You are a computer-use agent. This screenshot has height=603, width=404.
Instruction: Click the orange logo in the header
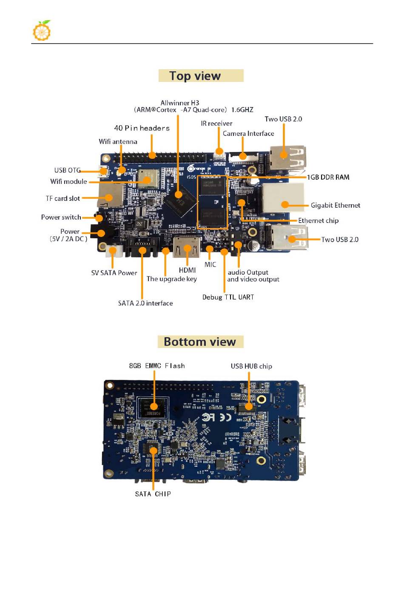[x=42, y=31]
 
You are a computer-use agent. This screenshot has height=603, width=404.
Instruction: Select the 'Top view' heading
[x=195, y=76]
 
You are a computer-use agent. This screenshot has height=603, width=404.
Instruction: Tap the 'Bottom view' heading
[x=200, y=342]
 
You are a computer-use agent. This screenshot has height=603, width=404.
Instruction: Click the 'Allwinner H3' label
[x=179, y=103]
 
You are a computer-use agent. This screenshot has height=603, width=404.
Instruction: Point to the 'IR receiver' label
[x=216, y=124]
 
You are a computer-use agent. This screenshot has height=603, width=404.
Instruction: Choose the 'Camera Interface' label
[x=248, y=133]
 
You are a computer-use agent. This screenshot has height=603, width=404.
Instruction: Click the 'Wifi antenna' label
[x=118, y=142]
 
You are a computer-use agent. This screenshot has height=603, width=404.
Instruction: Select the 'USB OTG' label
[x=67, y=170]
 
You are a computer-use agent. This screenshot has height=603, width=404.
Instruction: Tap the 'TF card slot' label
[x=63, y=198]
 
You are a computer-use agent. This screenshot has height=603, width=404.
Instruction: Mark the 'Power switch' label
[x=61, y=217]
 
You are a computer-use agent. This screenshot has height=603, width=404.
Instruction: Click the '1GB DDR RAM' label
[x=328, y=177]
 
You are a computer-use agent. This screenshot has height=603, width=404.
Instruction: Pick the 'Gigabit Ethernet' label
[x=335, y=206]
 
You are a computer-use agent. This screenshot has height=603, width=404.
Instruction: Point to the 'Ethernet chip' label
[x=318, y=220]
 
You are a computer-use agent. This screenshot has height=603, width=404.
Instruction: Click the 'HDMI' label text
[x=187, y=270]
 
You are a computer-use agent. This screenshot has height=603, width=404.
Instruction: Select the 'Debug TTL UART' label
[x=228, y=297]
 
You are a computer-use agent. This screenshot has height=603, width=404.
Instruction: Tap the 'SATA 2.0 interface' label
[x=145, y=303]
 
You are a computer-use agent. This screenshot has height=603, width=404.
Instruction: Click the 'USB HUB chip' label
[x=251, y=366]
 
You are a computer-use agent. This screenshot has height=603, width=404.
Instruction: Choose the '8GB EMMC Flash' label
[x=157, y=366]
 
